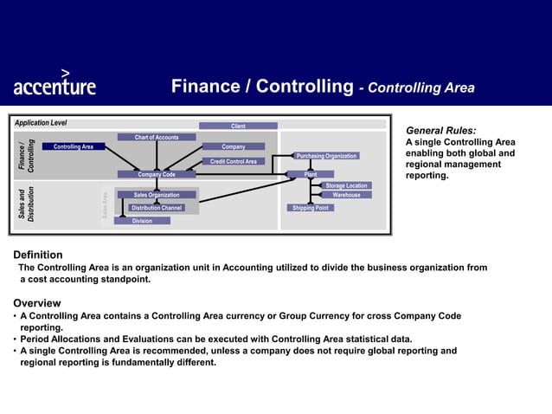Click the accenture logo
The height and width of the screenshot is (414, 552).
[x=54, y=84]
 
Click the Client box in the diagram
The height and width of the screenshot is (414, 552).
[x=238, y=126]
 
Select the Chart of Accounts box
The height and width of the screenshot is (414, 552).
[x=157, y=137]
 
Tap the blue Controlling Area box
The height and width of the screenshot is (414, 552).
[x=74, y=146]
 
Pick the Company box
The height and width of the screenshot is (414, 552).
[x=233, y=146]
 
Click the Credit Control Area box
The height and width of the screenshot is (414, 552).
[x=234, y=161]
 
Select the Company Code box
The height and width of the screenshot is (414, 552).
[x=157, y=174]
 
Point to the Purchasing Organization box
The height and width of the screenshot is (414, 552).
[x=326, y=156]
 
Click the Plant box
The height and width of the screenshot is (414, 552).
[x=311, y=174]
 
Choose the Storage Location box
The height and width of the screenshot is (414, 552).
[x=346, y=185]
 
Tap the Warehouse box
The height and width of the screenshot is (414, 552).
[x=346, y=195]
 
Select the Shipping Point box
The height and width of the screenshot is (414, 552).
[x=310, y=208]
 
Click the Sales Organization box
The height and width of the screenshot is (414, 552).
[x=157, y=195]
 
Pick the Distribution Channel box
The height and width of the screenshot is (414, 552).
[x=157, y=208]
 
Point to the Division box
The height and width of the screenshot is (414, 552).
[x=142, y=221]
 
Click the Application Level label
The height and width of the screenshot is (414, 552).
[x=41, y=123]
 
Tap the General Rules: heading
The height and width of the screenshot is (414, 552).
[x=440, y=130]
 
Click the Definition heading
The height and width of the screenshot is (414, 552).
[x=38, y=255]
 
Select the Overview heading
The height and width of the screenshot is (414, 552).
[x=37, y=303]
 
